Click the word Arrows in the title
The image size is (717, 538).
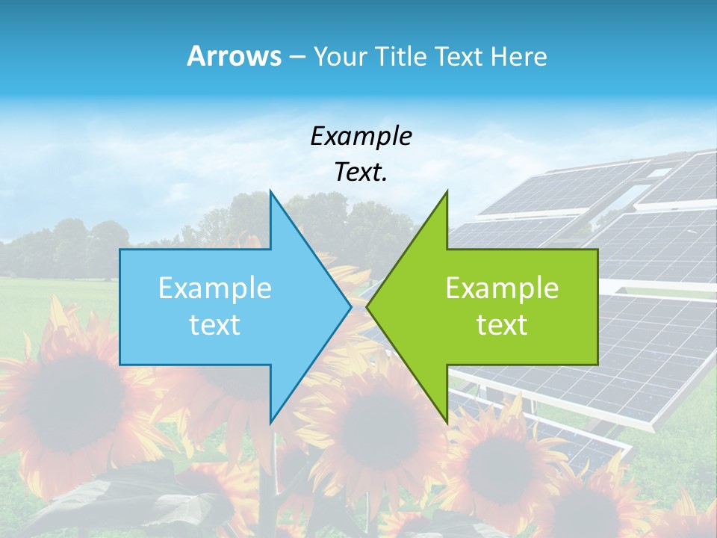(233, 56)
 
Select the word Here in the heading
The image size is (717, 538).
(518, 56)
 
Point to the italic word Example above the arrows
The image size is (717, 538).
(361, 136)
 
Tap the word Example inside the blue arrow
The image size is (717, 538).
(215, 288)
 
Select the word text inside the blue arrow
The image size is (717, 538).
(215, 325)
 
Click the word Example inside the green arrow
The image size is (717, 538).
(502, 288)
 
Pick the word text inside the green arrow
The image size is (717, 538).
(502, 325)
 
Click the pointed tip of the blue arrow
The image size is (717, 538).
(350, 306)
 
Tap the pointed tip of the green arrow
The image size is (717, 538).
(367, 306)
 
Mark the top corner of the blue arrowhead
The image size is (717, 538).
(270, 191)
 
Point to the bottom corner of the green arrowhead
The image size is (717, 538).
(447, 422)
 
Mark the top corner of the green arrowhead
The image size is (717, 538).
(447, 191)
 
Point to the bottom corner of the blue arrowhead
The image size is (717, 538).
(270, 422)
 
